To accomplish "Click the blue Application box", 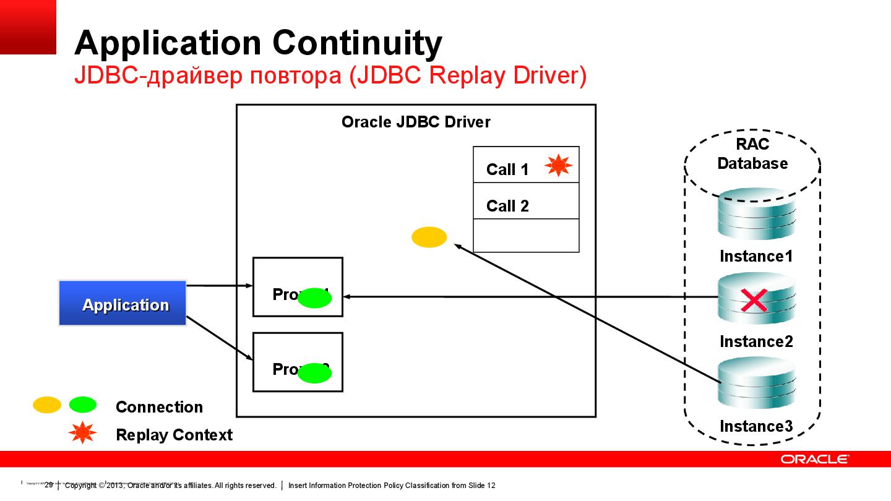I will tap(123, 303).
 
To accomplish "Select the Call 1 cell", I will tap(507, 169).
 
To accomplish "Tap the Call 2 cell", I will tap(507, 205).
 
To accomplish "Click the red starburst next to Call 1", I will tap(558, 165).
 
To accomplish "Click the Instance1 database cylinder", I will tap(756, 216).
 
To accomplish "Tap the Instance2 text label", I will tap(756, 341).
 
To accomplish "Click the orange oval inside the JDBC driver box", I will tap(429, 237).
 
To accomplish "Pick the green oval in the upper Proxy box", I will tap(315, 299).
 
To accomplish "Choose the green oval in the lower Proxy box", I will tap(315, 373).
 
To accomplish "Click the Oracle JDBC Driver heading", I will tap(416, 122).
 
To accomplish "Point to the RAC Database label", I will tap(752, 154).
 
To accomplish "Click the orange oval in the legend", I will tap(47, 405).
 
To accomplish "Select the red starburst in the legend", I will tap(82, 434).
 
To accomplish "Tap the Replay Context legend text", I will tap(174, 435).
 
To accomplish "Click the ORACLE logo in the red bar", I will tap(814, 459).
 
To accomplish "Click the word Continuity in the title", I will tap(357, 43).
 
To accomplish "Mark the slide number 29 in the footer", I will tap(49, 486).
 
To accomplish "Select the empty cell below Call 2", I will tap(526, 236).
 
